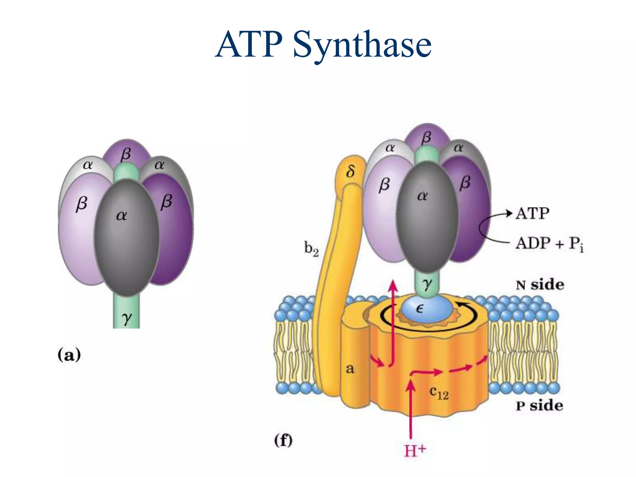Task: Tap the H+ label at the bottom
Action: tap(415, 450)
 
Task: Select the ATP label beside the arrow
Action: tap(532, 214)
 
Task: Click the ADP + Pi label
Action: tap(549, 243)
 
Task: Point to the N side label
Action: tap(540, 285)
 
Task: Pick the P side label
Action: tap(539, 406)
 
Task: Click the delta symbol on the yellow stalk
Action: tap(350, 171)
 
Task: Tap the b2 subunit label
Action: tap(311, 249)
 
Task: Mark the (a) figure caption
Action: tap(69, 355)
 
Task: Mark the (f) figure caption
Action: tap(283, 440)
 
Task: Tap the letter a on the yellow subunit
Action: tap(350, 369)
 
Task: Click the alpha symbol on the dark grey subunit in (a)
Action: tap(121, 216)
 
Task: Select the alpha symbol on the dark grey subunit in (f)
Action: tap(422, 196)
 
